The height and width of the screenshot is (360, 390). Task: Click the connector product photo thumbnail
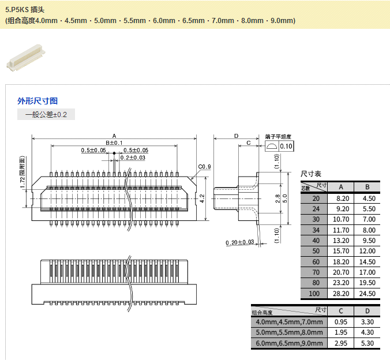tap(24, 58)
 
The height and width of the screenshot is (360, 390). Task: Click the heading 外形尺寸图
tap(37, 101)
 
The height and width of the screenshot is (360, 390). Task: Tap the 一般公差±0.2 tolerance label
tap(46, 115)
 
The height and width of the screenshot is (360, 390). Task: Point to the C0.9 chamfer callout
tap(205, 167)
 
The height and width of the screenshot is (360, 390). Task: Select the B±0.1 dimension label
tap(114, 142)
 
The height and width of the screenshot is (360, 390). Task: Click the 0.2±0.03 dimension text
tap(133, 157)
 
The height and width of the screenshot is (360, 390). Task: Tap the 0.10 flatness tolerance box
tap(286, 147)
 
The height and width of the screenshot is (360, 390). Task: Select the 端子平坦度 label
tap(278, 137)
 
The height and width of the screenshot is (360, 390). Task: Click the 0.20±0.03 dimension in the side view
tap(240, 242)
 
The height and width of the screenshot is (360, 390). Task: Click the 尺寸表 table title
tap(311, 174)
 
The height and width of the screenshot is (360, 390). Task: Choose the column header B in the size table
tap(367, 187)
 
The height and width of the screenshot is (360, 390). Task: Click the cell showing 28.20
tap(341, 294)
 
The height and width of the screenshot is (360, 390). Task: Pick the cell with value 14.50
tap(367, 261)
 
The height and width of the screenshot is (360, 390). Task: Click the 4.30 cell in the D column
tap(367, 332)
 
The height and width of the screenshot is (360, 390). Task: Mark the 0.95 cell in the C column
tap(341, 321)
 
